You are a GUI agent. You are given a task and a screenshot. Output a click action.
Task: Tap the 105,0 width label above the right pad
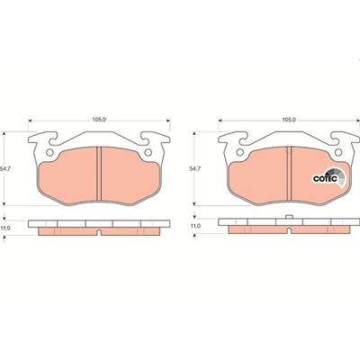(x=289, y=118)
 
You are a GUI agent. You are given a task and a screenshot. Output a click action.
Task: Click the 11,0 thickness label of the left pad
(x=7, y=227)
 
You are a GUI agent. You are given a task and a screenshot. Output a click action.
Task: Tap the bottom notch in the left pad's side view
(x=97, y=234)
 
